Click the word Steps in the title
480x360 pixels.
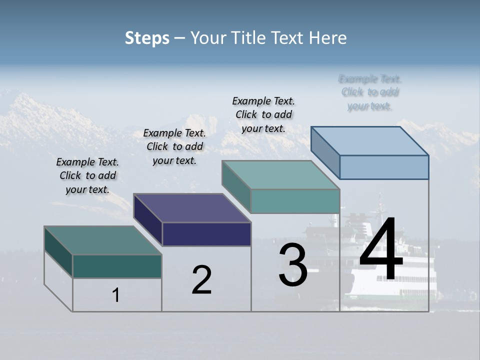click(147, 38)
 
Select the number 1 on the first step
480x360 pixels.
click(116, 295)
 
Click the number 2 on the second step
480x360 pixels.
click(201, 280)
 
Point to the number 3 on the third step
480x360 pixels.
click(293, 265)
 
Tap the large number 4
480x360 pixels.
click(381, 250)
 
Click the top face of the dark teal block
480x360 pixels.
click(102, 240)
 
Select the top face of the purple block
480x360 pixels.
click(192, 208)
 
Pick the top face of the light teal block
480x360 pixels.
click(280, 175)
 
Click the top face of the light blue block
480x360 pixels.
click(370, 141)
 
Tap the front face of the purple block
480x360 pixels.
click(206, 234)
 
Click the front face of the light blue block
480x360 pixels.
click(384, 167)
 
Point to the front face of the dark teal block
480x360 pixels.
click(117, 266)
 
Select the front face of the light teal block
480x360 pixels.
click(295, 201)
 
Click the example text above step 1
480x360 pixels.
click(87, 175)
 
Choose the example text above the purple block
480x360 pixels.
click(174, 146)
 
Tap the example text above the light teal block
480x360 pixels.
click(263, 114)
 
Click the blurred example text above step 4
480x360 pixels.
click(369, 92)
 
